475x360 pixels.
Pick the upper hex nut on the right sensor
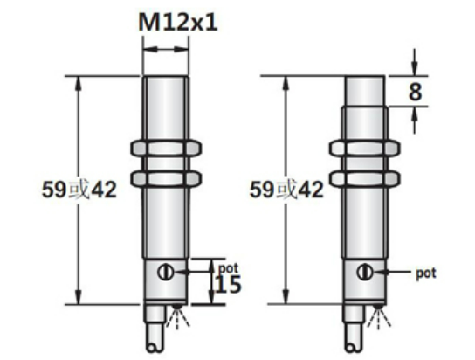click(362, 146)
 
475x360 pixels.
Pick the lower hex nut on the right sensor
click(362, 177)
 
